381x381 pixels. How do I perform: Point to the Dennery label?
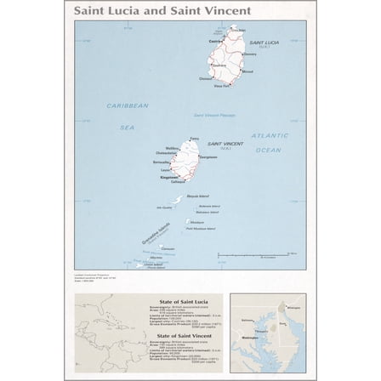coord(250,54)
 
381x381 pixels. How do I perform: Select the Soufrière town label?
coord(206,78)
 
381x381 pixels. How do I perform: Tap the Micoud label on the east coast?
coord(247,71)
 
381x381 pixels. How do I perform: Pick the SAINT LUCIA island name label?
coord(264,42)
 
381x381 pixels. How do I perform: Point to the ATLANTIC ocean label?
coord(270,135)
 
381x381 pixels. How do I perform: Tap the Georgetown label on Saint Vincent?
coord(209,157)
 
